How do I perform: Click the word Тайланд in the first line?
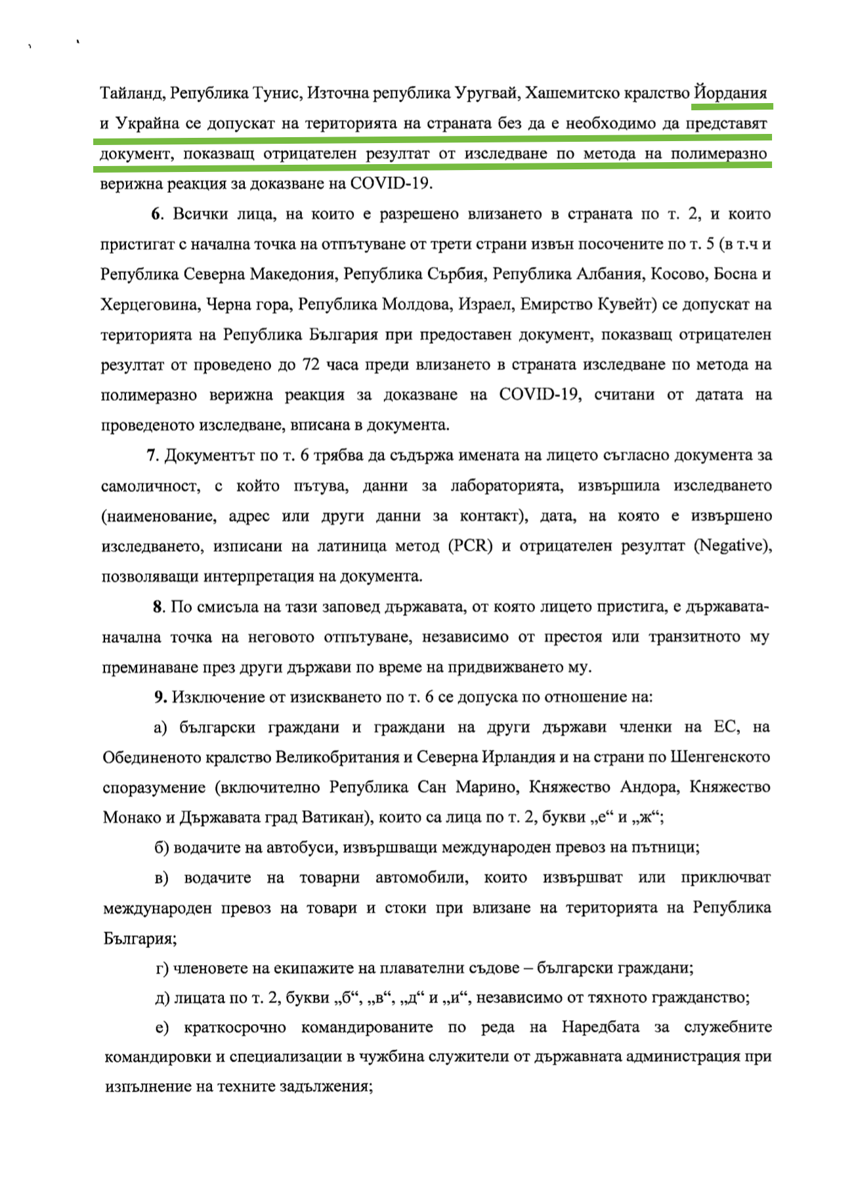pyautogui.click(x=131, y=93)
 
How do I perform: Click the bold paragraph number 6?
pyautogui.click(x=156, y=214)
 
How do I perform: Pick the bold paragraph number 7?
pyautogui.click(x=151, y=456)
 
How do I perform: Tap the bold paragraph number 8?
pyautogui.click(x=158, y=607)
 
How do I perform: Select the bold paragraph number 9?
pyautogui.click(x=160, y=697)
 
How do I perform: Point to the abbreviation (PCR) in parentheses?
pyautogui.click(x=470, y=546)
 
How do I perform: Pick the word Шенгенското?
pyautogui.click(x=720, y=757)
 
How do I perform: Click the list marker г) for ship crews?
pyautogui.click(x=162, y=969)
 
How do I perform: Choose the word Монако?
pyautogui.click(x=129, y=818)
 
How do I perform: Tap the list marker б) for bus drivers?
pyautogui.click(x=161, y=848)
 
